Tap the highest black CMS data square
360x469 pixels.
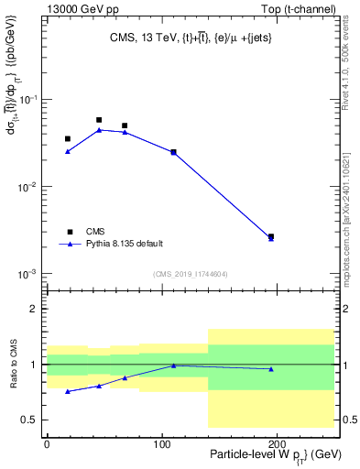click(x=99, y=120)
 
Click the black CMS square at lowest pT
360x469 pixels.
click(x=68, y=139)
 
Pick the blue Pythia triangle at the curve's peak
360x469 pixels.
click(x=99, y=130)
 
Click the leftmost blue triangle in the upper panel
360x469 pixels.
click(x=68, y=151)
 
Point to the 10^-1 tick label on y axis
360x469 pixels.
click(x=30, y=99)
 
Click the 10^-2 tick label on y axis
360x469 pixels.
click(x=30, y=187)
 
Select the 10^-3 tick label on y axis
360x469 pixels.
click(x=30, y=275)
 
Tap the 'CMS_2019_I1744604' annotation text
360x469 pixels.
click(x=190, y=274)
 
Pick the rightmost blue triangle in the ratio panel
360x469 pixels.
click(x=270, y=369)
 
